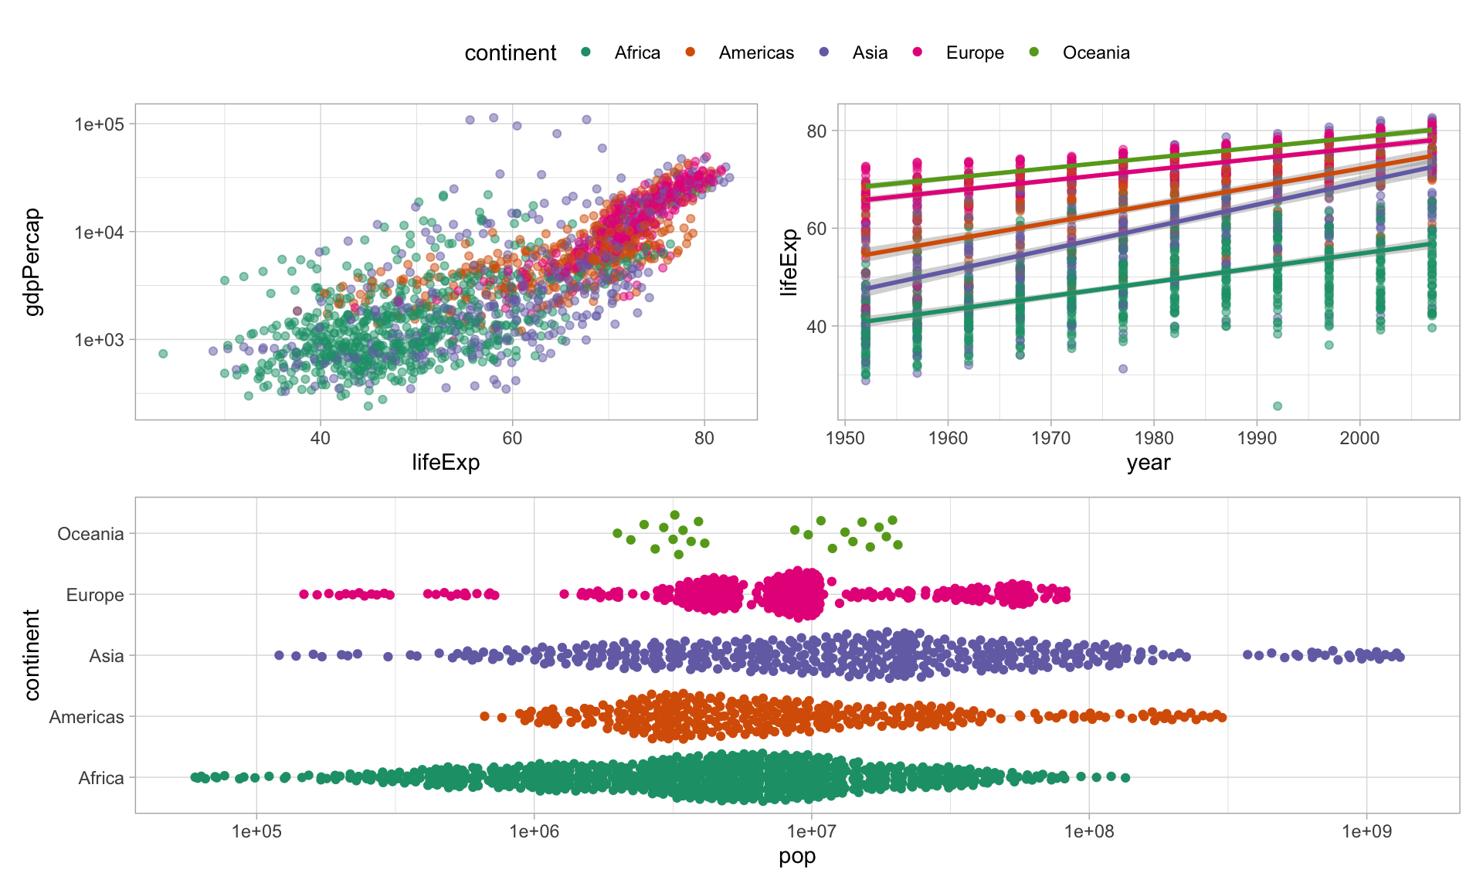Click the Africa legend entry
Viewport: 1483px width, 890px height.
coord(636,53)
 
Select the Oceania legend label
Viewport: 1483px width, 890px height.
coord(1095,53)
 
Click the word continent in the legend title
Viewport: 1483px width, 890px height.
coord(510,53)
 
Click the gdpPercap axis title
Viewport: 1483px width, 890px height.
coord(32,262)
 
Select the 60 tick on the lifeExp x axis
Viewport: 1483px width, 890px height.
coord(512,438)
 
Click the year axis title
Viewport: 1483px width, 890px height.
coord(1149,463)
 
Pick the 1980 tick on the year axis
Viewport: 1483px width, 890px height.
coord(1153,438)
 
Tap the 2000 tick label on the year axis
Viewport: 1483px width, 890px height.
coord(1359,438)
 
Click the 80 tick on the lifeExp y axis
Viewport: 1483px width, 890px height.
coord(816,131)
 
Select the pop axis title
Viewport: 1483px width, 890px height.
coord(797,856)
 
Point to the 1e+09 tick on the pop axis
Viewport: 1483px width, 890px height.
coord(1366,831)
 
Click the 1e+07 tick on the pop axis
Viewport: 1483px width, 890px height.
coord(811,831)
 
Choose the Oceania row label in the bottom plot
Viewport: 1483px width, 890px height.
coord(90,534)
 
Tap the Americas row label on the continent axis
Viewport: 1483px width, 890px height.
coord(87,717)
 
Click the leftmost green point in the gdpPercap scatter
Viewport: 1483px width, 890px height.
coord(163,354)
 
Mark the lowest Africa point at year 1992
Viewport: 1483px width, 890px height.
coord(1278,406)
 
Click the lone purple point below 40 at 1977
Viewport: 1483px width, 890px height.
coord(1123,369)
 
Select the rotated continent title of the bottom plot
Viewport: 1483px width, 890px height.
coord(32,655)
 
